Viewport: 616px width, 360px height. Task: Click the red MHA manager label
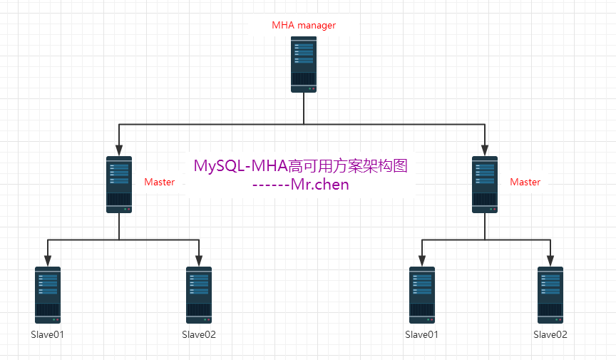click(x=304, y=25)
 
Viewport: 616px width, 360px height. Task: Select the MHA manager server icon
click(x=304, y=64)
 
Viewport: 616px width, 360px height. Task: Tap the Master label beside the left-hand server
click(x=159, y=182)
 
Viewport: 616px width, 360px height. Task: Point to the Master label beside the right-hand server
click(x=525, y=182)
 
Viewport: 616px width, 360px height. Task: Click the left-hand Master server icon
click(x=119, y=185)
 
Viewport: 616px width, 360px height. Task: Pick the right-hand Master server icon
click(x=485, y=185)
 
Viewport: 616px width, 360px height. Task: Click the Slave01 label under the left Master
click(x=47, y=334)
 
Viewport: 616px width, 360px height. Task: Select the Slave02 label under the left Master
click(x=199, y=334)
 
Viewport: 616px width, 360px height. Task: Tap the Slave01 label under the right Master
click(x=421, y=334)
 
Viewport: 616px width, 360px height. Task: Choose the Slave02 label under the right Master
click(x=550, y=334)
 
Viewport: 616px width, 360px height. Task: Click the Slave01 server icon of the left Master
click(x=48, y=295)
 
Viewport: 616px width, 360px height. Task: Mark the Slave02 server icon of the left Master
click(x=199, y=295)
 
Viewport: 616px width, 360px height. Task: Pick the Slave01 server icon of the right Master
click(x=422, y=295)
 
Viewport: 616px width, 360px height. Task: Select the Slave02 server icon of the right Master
click(x=550, y=295)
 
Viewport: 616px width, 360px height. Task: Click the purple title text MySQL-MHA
click(x=240, y=166)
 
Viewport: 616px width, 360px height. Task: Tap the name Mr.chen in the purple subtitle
click(x=320, y=185)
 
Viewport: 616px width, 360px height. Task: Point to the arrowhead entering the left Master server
click(x=119, y=150)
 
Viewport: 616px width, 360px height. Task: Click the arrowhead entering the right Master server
click(x=485, y=150)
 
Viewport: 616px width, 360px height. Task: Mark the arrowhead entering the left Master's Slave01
click(x=48, y=261)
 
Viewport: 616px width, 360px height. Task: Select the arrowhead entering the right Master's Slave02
click(x=550, y=261)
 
